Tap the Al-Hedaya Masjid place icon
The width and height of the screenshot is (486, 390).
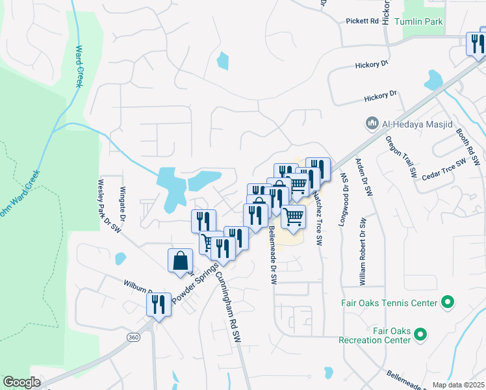[x=372, y=122]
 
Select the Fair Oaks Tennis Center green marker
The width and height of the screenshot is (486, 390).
[x=447, y=302]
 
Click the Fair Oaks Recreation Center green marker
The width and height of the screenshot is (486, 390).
[x=420, y=335]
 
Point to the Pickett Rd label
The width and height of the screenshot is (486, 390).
[x=363, y=21]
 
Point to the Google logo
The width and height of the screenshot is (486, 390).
[x=21, y=382]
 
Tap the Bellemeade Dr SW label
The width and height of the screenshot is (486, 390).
[x=273, y=254]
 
